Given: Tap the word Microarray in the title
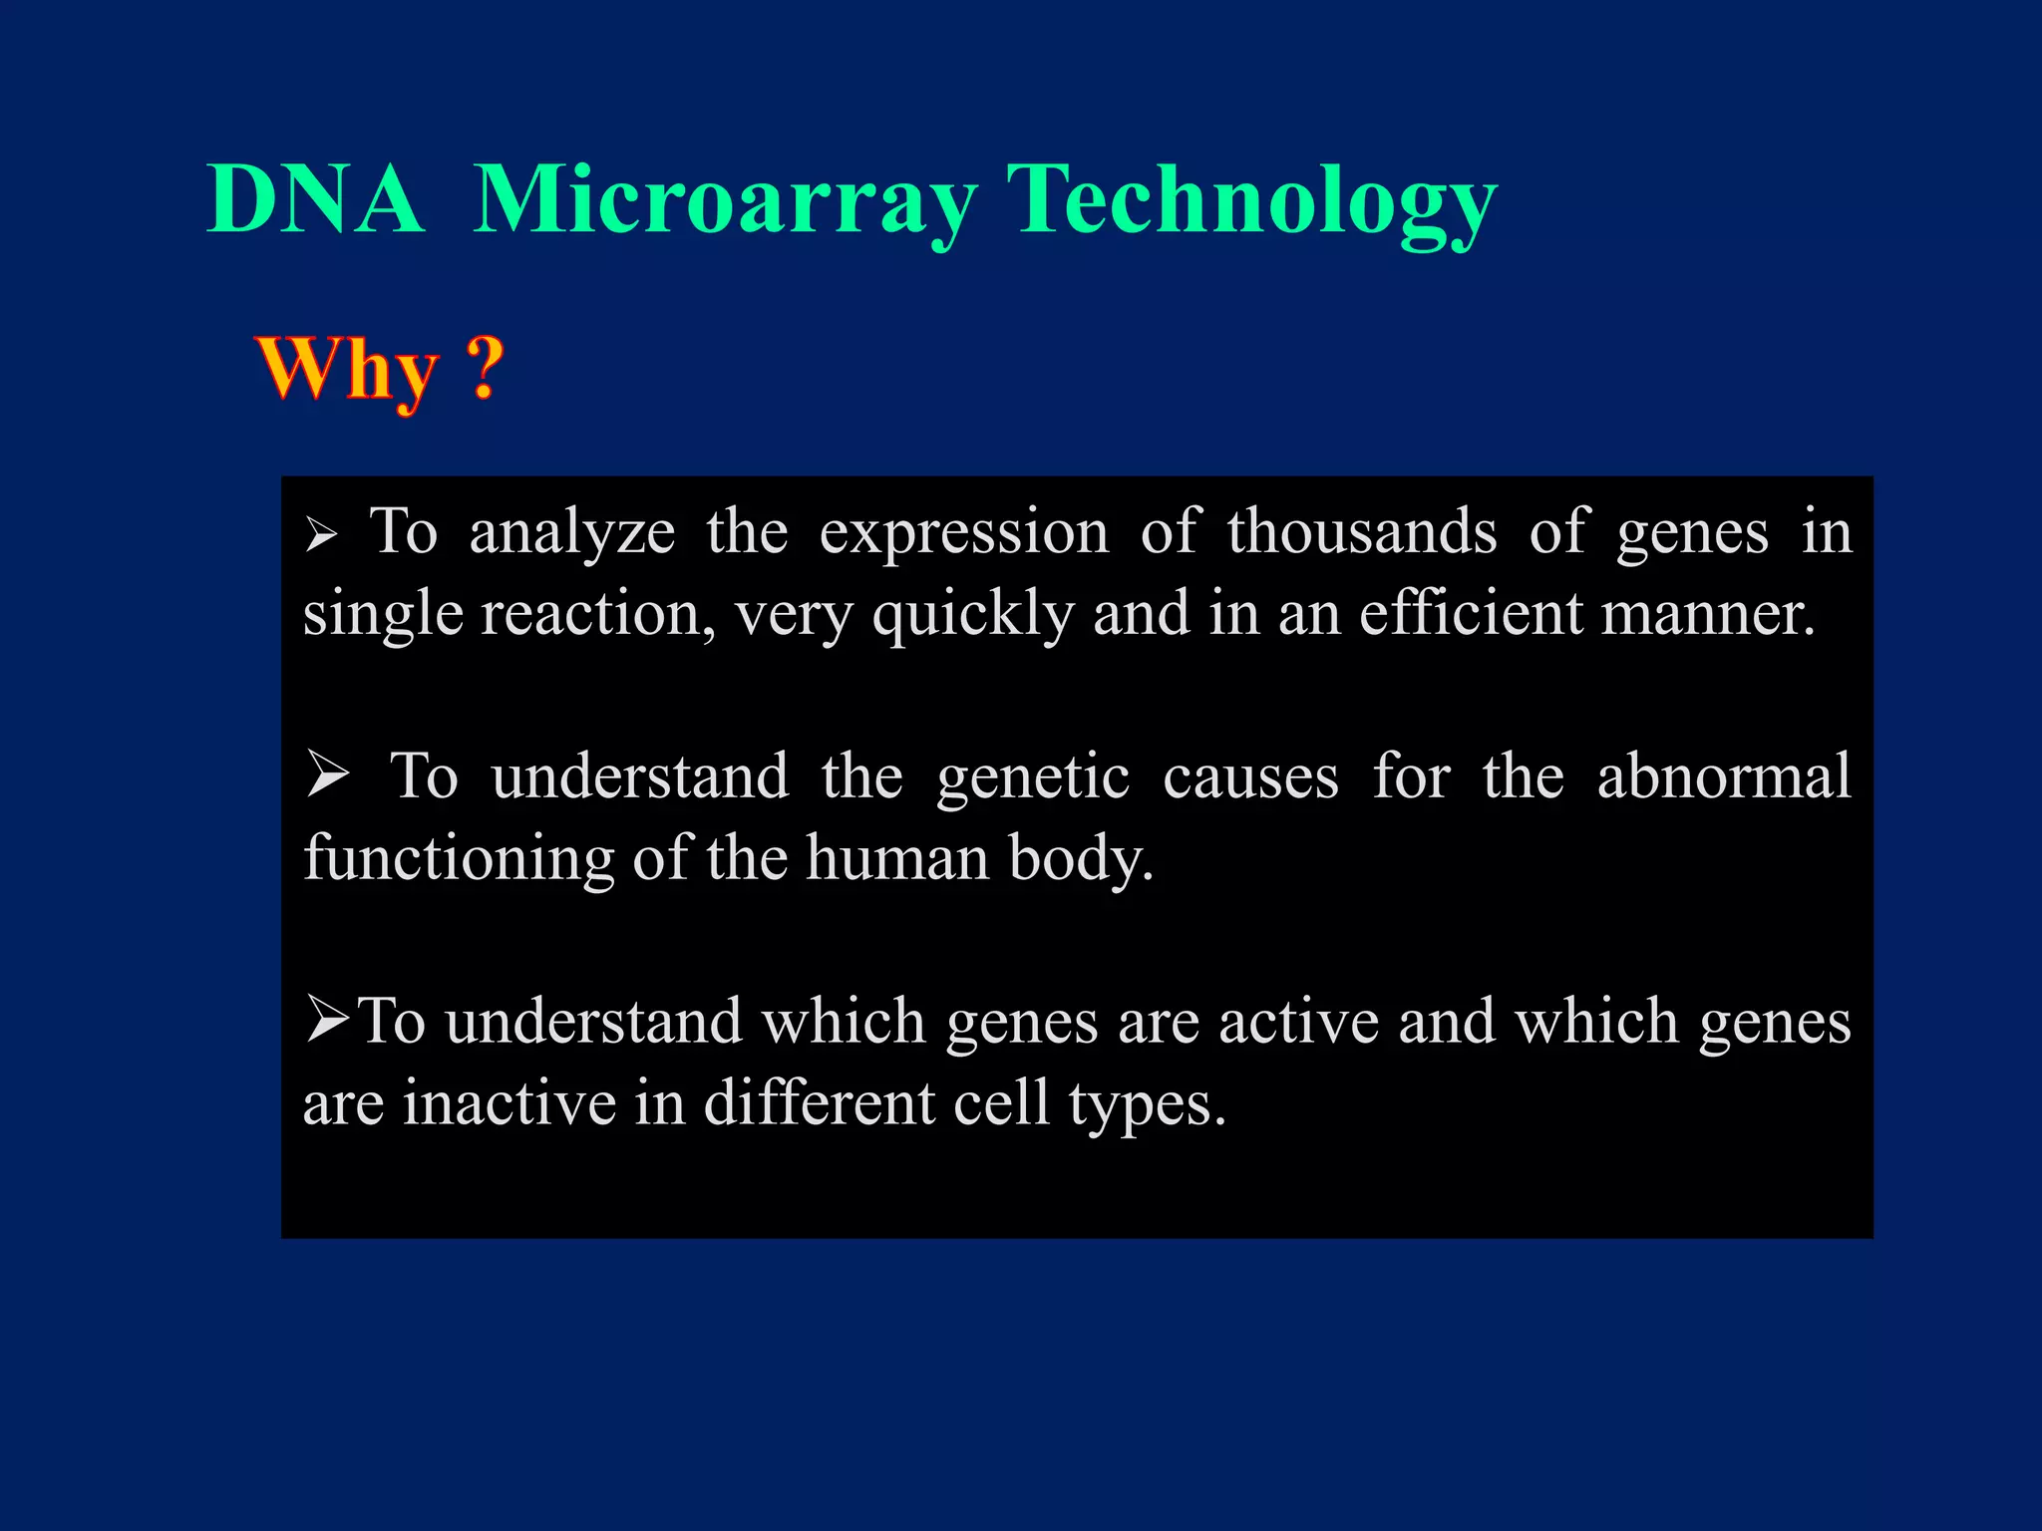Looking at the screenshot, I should click(x=725, y=201).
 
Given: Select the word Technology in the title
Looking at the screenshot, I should click(x=1251, y=201).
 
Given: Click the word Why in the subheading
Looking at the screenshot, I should click(x=347, y=369).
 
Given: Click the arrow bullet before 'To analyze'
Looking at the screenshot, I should click(x=322, y=535).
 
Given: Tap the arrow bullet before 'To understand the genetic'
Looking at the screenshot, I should click(x=328, y=775).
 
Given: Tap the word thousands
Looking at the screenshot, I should click(x=1362, y=531).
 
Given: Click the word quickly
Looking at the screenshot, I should click(x=973, y=615).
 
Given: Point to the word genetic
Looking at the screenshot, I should click(x=1033, y=777).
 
